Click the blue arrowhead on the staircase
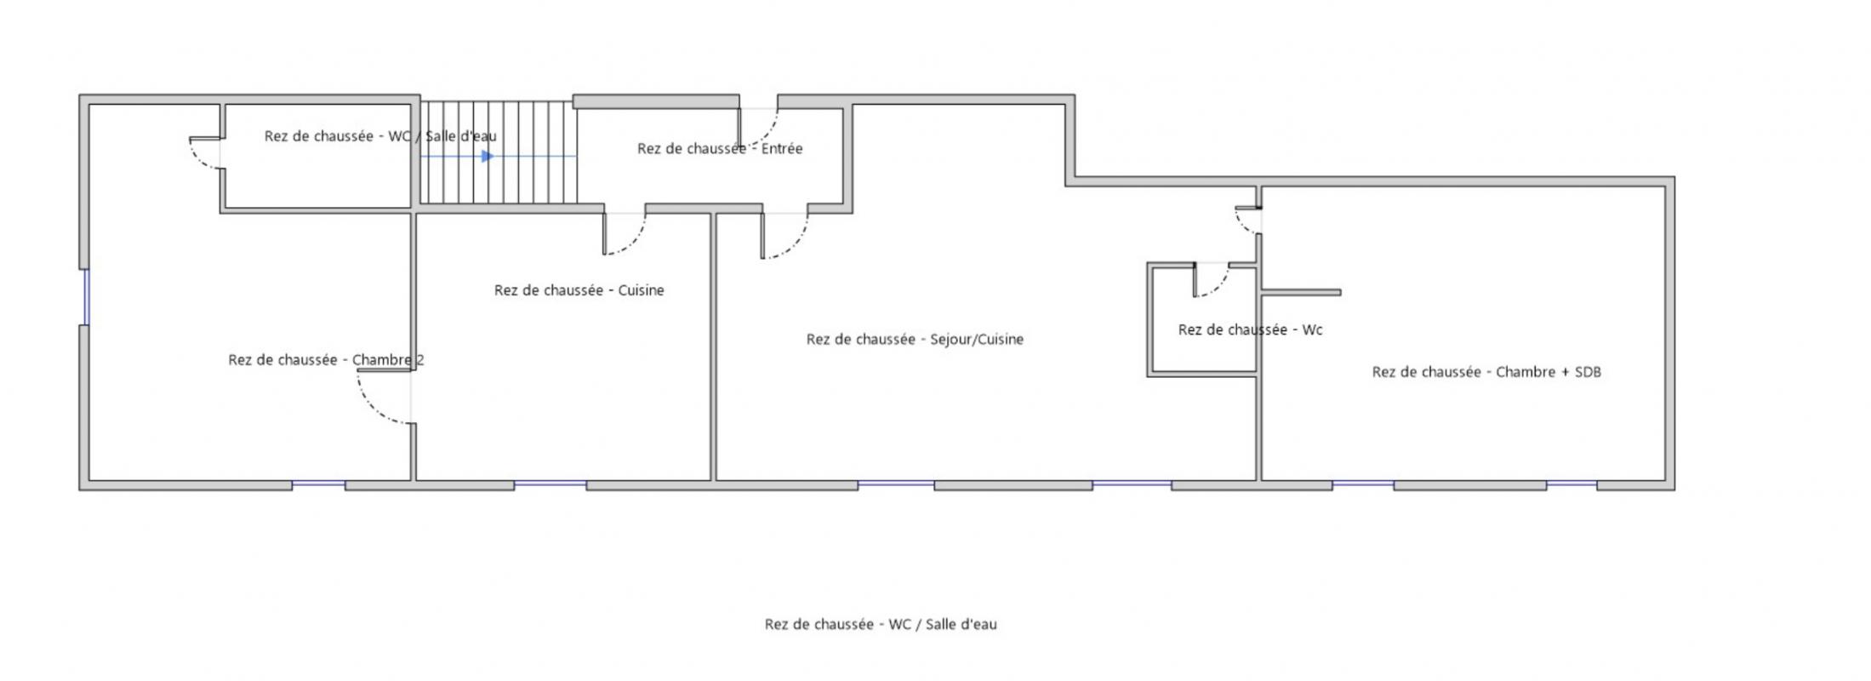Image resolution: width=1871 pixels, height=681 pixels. coord(487,157)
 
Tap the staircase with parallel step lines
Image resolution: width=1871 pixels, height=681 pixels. coord(499,153)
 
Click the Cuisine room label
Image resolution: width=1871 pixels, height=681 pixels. coord(579,290)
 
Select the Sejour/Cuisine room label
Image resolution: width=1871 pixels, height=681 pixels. coord(915,339)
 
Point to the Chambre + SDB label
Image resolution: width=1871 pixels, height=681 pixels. coord(1486,372)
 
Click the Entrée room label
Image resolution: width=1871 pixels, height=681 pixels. coord(720,148)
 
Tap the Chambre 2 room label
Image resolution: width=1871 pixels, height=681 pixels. coord(326,360)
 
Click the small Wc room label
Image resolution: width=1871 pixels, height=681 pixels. coord(1250,329)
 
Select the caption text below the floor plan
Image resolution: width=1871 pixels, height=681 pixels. coord(881,624)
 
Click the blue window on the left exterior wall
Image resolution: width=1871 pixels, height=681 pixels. coord(86,296)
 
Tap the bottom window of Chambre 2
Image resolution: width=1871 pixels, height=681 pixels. coord(318,484)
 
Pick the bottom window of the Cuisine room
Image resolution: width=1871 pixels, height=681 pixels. coord(550,484)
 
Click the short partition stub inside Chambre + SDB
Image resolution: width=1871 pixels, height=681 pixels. coord(1301,292)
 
